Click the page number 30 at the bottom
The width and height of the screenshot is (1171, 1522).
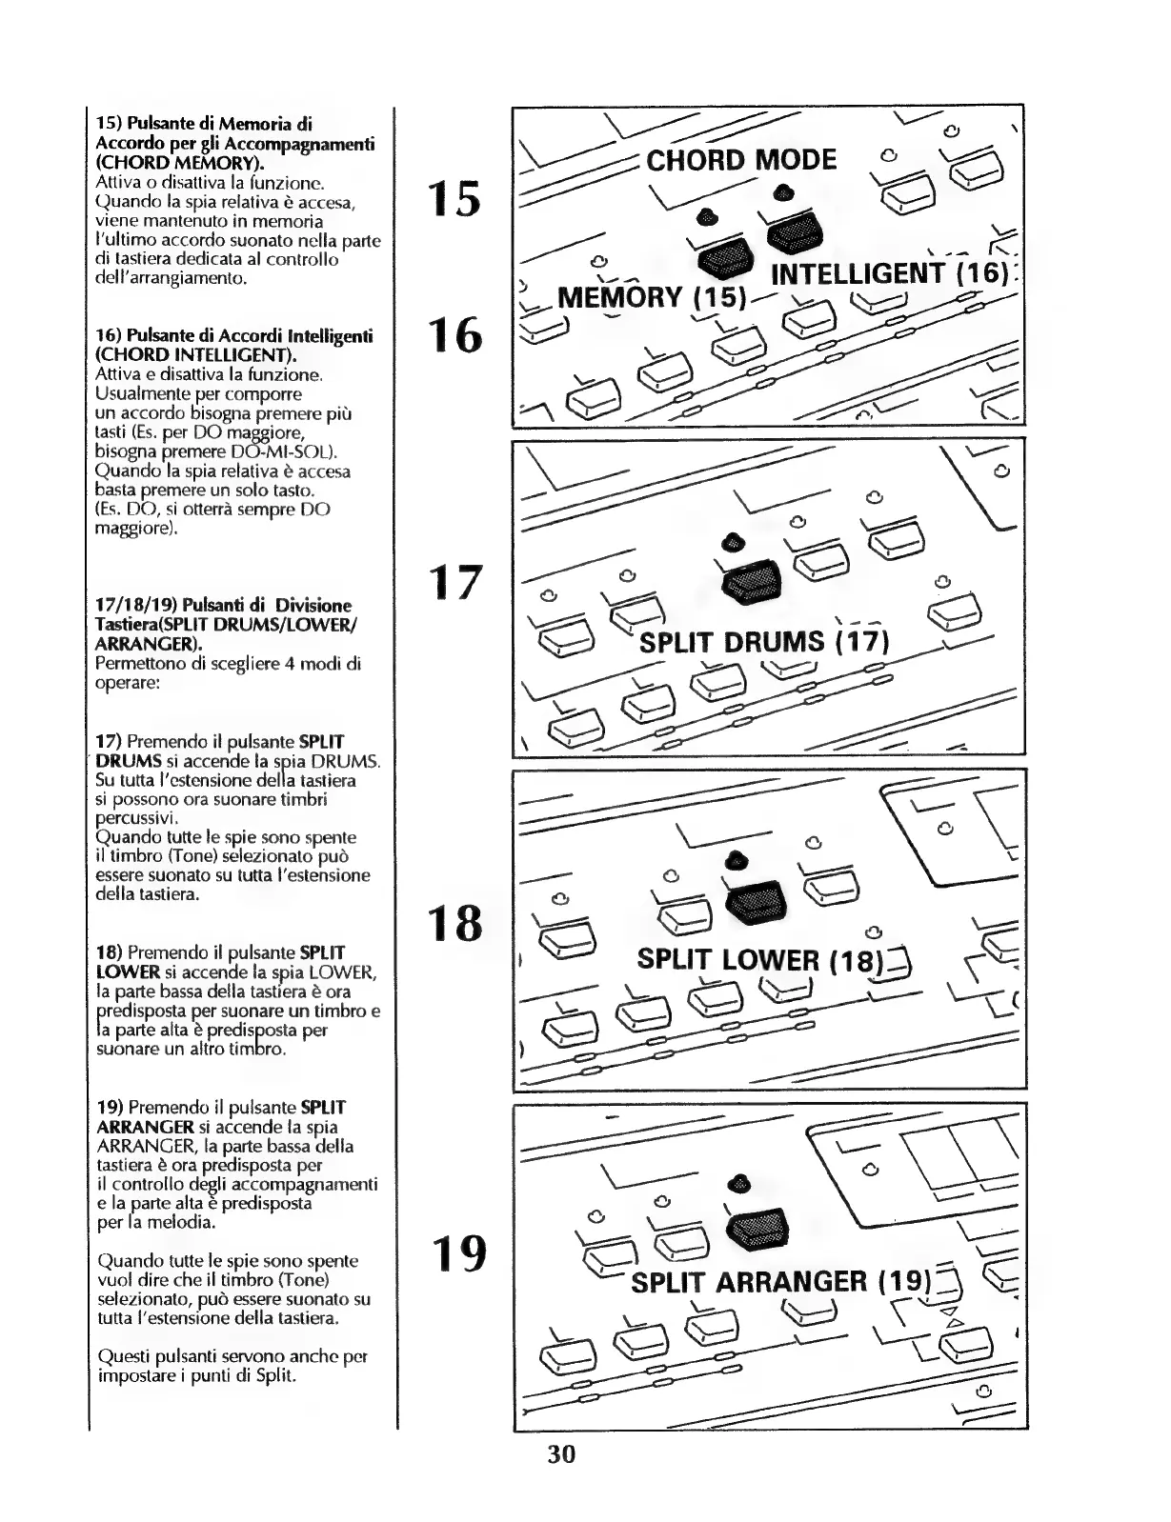point(561,1453)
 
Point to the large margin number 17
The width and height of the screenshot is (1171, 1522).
point(454,582)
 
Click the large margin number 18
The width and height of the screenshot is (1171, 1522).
point(454,923)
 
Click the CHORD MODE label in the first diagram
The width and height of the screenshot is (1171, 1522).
point(741,159)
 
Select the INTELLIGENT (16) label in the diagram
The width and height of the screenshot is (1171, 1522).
point(888,274)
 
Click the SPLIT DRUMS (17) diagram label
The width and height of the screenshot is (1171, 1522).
point(764,642)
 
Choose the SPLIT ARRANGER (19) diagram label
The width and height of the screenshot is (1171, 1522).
point(779,1282)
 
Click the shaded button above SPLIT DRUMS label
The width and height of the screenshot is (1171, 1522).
point(751,582)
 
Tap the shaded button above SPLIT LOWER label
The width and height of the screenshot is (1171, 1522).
point(757,900)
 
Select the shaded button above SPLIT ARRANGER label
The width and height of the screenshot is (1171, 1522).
point(757,1227)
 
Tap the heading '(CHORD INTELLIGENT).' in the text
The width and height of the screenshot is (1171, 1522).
point(196,355)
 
